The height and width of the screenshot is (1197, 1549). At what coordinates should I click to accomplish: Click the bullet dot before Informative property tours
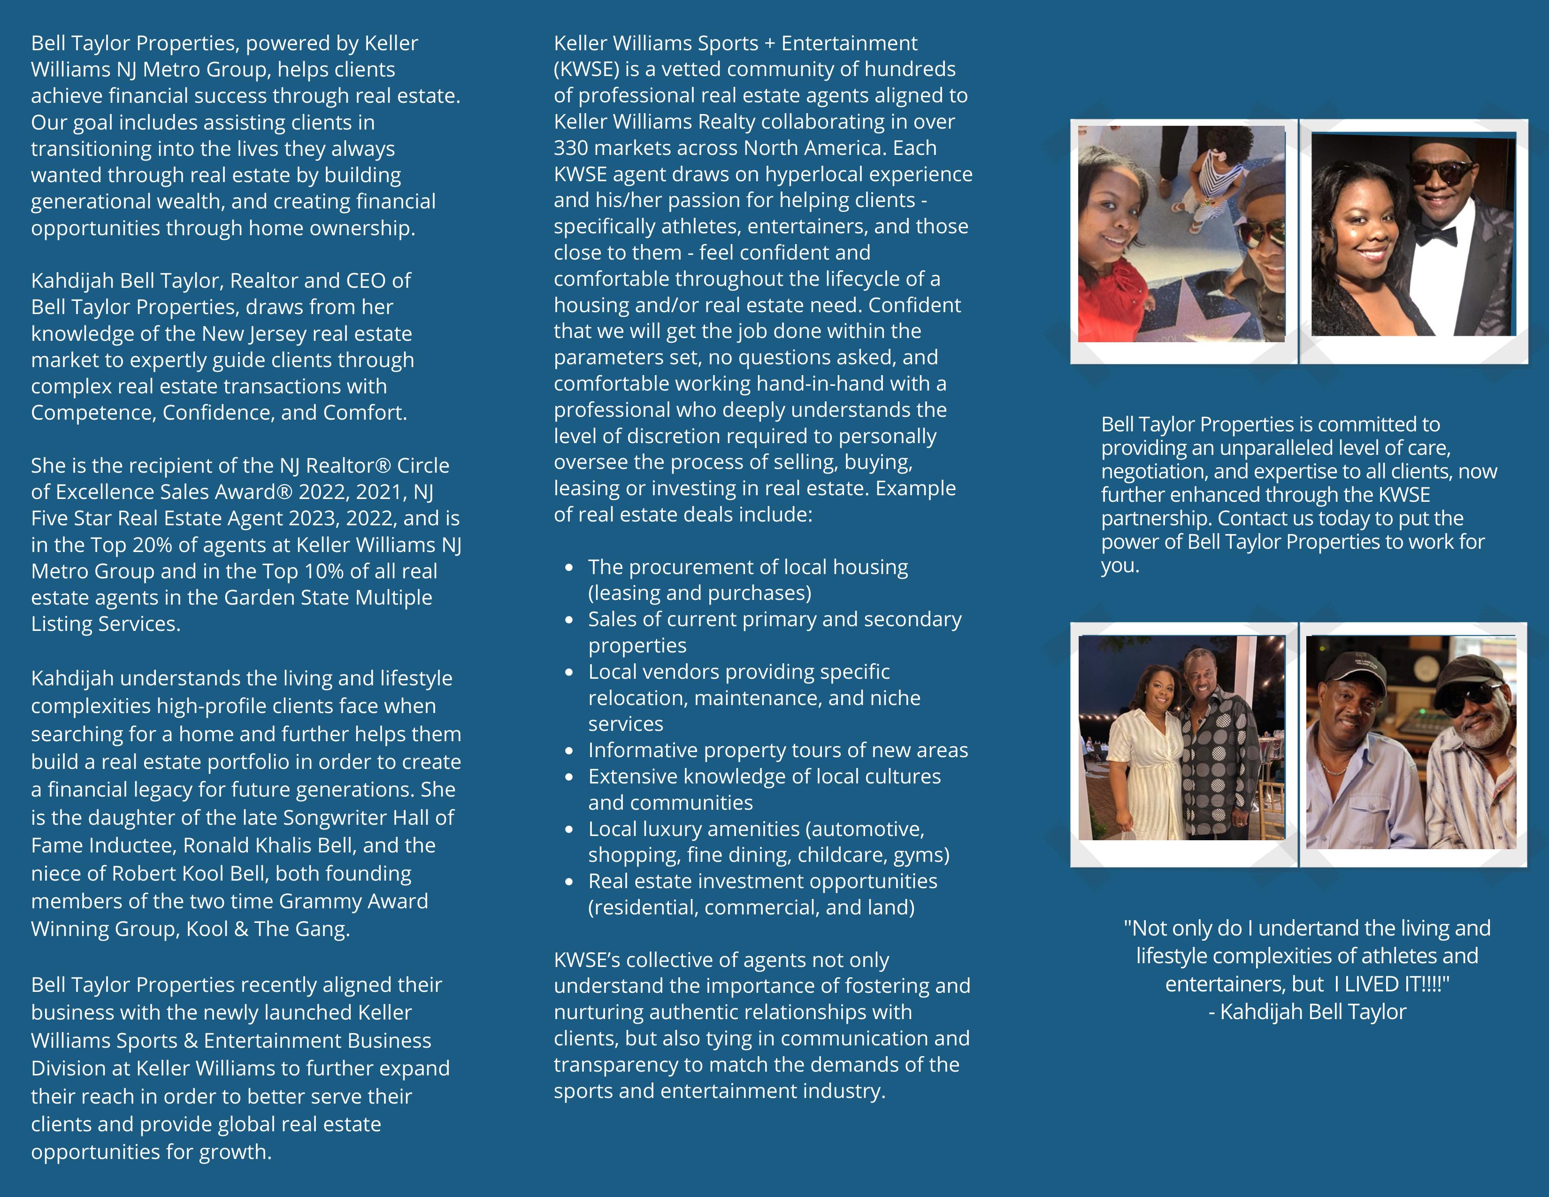click(569, 750)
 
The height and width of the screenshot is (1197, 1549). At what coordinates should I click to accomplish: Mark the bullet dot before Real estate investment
click(569, 882)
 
